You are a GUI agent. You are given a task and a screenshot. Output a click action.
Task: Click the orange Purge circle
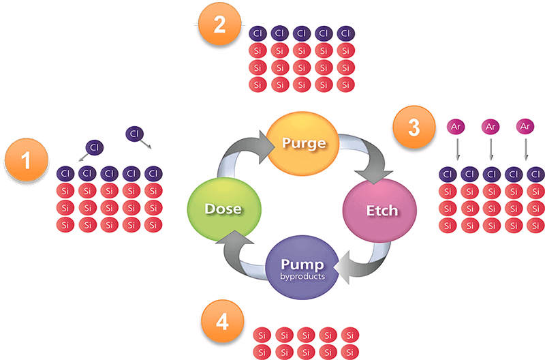[302, 143]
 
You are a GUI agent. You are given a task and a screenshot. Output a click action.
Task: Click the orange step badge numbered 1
[27, 162]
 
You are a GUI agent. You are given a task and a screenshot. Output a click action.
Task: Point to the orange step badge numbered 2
[219, 26]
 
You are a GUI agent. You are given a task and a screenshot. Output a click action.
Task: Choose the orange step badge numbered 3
[414, 127]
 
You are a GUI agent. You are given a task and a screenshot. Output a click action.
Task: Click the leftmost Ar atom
[456, 127]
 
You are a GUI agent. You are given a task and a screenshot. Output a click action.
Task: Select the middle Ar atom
[490, 127]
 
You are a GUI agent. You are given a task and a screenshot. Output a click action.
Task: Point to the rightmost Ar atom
[525, 127]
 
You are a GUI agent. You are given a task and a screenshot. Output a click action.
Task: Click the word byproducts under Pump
[301, 277]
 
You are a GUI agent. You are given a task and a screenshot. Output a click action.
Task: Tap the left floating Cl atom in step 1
[95, 147]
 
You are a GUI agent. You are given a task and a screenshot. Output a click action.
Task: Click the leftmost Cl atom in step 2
[258, 33]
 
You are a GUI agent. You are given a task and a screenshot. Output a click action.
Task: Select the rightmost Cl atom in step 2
[345, 33]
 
